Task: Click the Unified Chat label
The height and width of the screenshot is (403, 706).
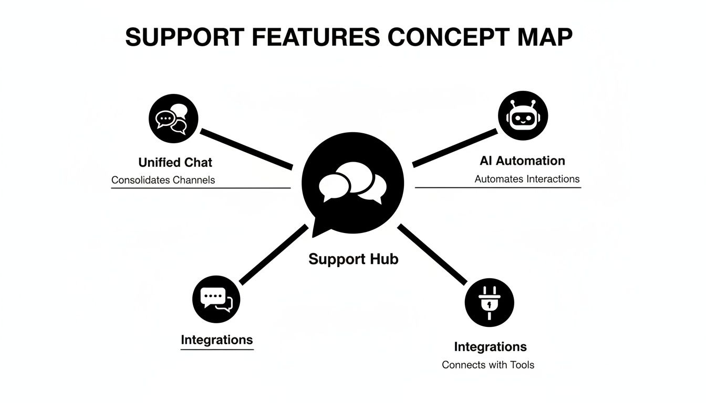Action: click(175, 162)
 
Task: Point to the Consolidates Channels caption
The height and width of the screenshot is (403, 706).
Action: click(163, 180)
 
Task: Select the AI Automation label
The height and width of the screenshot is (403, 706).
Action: click(522, 161)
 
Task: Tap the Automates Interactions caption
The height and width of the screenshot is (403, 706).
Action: click(527, 179)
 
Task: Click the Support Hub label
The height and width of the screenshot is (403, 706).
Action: click(353, 259)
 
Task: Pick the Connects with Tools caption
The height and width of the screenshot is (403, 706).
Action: click(488, 365)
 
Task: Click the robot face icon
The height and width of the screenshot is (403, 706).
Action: click(523, 116)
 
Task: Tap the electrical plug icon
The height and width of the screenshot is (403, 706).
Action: click(490, 303)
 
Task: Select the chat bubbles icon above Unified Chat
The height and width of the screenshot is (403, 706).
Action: click(174, 118)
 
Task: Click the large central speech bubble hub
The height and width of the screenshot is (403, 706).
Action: click(353, 183)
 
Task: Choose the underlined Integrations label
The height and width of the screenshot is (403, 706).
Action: click(216, 340)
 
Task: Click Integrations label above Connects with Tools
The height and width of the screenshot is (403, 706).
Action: click(490, 347)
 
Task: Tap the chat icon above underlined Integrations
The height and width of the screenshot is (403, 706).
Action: click(216, 298)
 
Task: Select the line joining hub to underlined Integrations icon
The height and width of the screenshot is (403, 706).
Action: click(274, 254)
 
